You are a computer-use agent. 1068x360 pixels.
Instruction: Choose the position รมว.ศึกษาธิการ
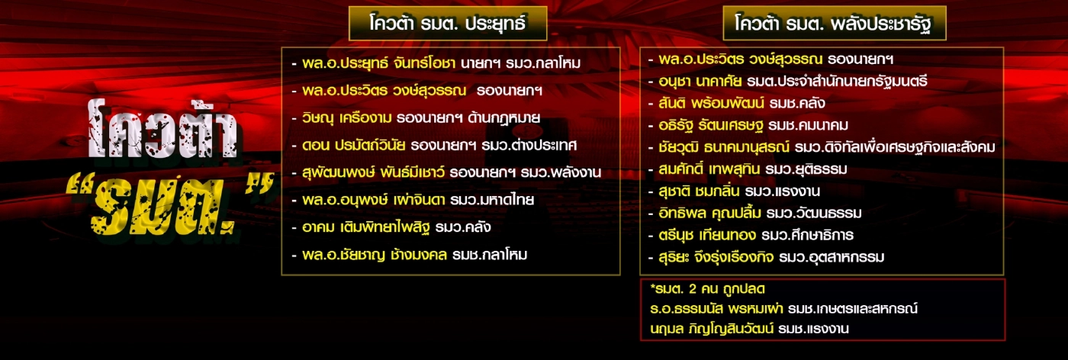pyautogui.click(x=815, y=235)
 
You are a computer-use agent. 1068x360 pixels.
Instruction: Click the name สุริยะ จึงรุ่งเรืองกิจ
pyautogui.click(x=716, y=257)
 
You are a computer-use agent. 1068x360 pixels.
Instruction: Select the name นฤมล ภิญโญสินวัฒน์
pyautogui.click(x=709, y=329)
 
